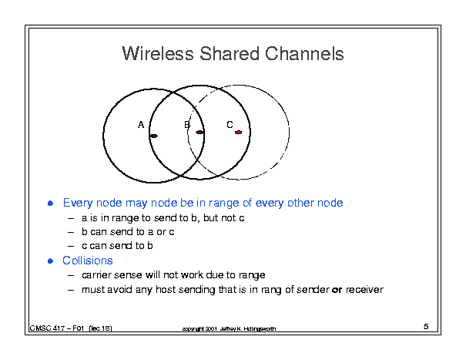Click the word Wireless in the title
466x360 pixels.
157,53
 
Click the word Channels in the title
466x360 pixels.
304,53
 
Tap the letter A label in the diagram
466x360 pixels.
141,125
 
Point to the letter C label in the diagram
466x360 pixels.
230,125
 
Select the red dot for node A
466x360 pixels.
153,136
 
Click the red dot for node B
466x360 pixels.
199,132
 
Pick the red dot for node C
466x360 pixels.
238,132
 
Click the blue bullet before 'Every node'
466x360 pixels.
51,204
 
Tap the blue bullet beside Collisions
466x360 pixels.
51,261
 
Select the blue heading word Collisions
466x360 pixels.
88,261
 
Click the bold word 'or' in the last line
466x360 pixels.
337,290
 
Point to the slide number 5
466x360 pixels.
426,326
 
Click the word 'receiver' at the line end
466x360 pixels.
364,290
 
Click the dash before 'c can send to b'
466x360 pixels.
71,246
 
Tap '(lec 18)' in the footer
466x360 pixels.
100,328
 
